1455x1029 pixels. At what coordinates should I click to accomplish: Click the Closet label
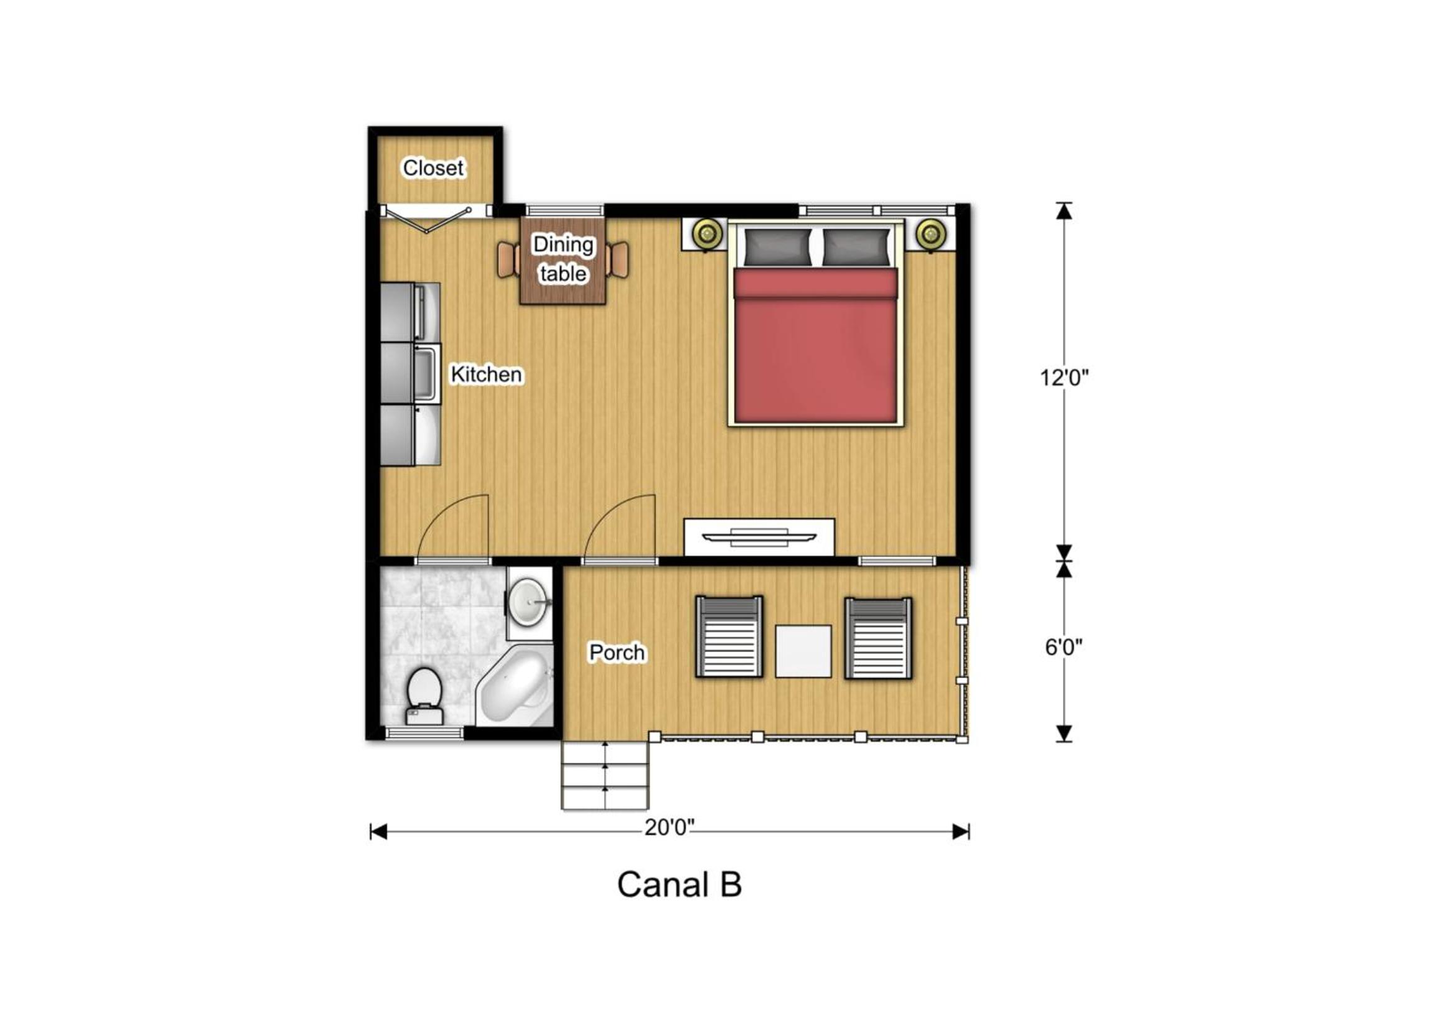point(434,168)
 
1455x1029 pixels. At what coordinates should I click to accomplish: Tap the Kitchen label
point(486,375)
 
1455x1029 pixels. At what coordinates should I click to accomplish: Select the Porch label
point(617,653)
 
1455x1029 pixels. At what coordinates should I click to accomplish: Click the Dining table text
point(563,259)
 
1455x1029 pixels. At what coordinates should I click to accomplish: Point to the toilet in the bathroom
point(424,696)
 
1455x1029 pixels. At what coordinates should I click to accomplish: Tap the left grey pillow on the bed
point(777,247)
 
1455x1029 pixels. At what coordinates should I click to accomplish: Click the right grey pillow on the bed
point(856,247)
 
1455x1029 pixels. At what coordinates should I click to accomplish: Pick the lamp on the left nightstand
point(707,234)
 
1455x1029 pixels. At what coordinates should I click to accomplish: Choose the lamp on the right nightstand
point(930,234)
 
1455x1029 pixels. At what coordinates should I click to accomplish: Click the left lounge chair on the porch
point(729,637)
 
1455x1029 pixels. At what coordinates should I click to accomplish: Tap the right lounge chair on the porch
point(878,638)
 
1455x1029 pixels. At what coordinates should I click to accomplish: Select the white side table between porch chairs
point(803,651)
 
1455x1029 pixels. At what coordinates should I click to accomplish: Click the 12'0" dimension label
point(1064,378)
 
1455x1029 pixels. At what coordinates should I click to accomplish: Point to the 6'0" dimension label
point(1064,648)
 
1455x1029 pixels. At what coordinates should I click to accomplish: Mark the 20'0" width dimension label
point(670,827)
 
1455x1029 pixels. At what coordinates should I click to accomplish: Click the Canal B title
point(680,885)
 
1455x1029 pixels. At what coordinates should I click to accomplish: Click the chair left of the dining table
point(508,260)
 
